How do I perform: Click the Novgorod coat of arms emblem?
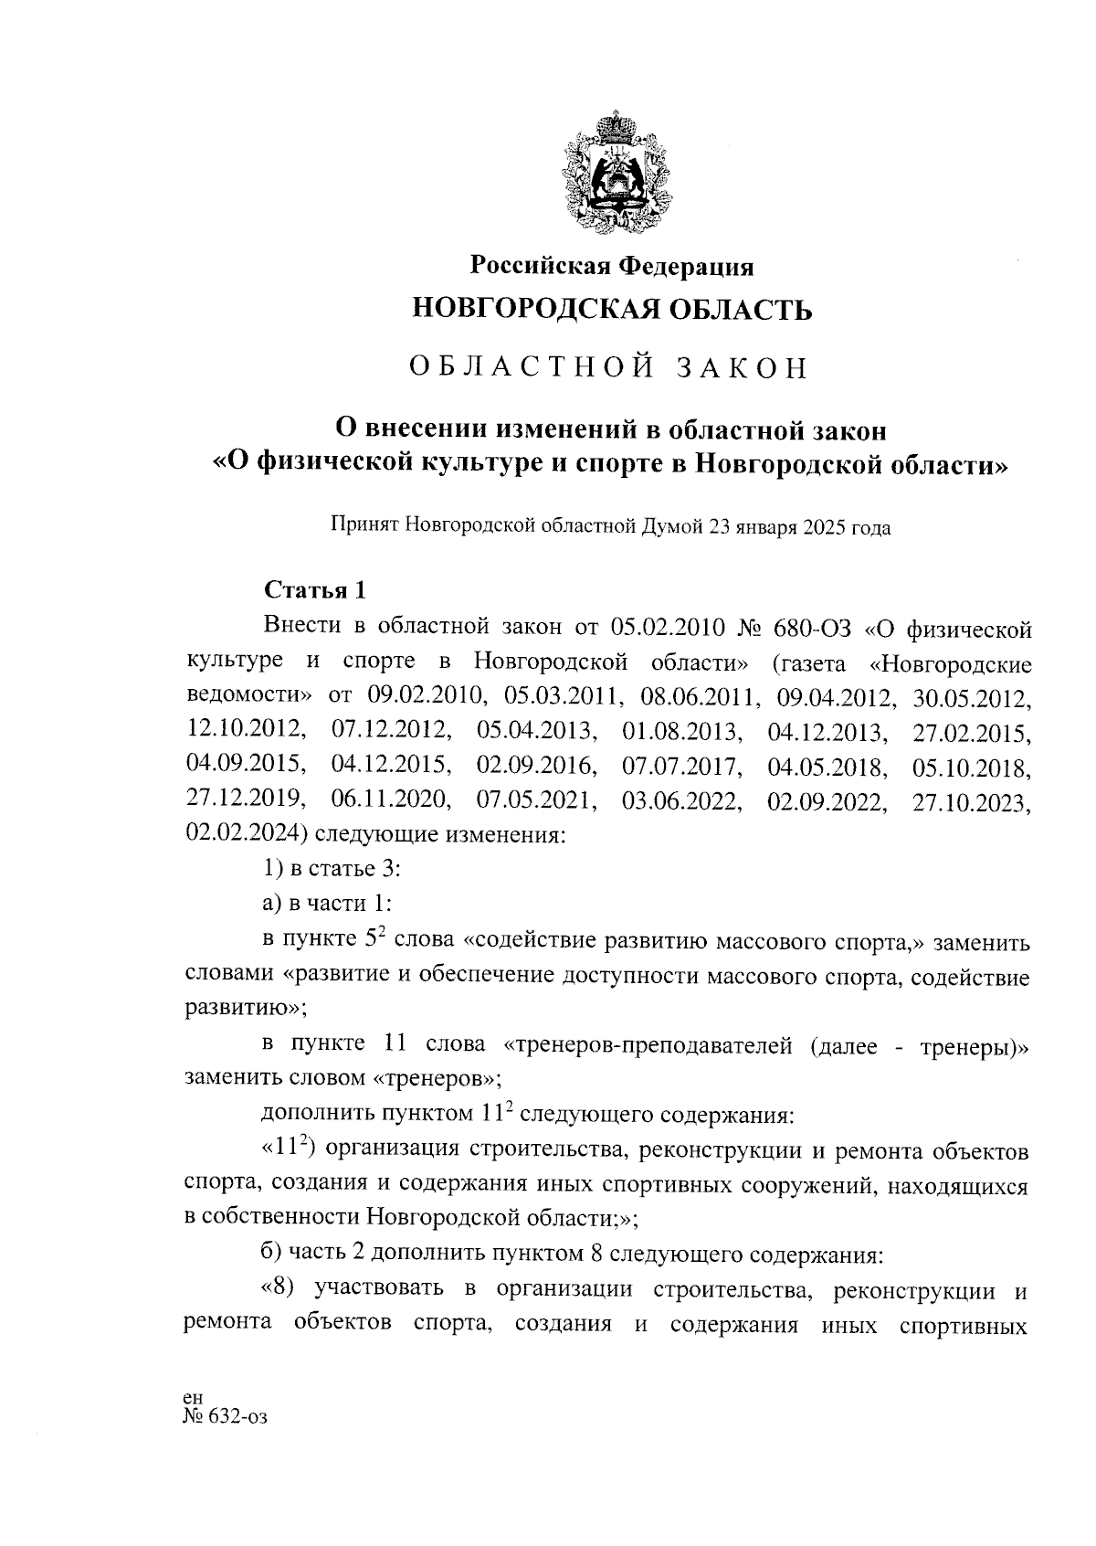click(613, 175)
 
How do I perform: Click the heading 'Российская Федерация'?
click(612, 266)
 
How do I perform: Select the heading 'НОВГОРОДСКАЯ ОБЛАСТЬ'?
click(612, 310)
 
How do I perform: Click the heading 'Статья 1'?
click(314, 590)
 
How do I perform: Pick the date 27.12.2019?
click(245, 799)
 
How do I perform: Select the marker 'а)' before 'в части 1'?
click(272, 903)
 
